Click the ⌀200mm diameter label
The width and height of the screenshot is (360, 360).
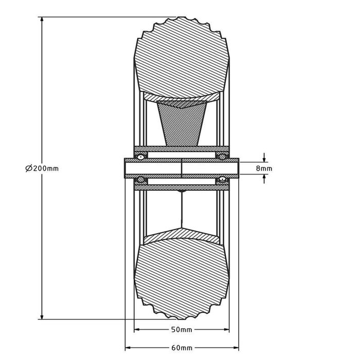41,168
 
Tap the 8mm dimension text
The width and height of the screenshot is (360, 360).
264,168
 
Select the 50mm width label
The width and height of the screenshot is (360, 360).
182,330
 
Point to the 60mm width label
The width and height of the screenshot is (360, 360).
182,348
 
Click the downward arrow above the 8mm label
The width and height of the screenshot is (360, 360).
264,157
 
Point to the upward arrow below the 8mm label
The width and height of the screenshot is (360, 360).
264,178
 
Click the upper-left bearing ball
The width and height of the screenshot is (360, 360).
139,156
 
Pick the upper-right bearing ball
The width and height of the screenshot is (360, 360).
223,156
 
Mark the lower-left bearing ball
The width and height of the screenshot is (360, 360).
139,179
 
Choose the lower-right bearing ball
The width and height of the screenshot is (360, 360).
223,179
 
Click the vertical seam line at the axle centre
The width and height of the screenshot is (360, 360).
182,168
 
